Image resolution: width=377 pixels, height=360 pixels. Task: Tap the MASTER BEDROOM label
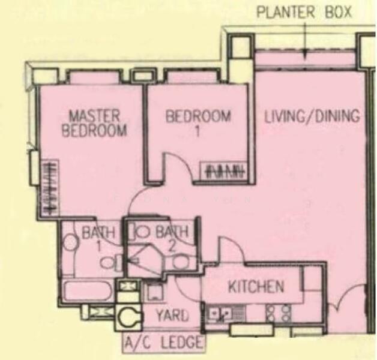94,123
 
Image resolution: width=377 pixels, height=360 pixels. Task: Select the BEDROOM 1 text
198,123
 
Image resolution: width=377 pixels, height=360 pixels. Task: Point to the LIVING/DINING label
312,116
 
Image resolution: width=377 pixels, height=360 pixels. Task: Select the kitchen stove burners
278,313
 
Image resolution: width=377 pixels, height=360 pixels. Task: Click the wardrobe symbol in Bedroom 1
227,170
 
